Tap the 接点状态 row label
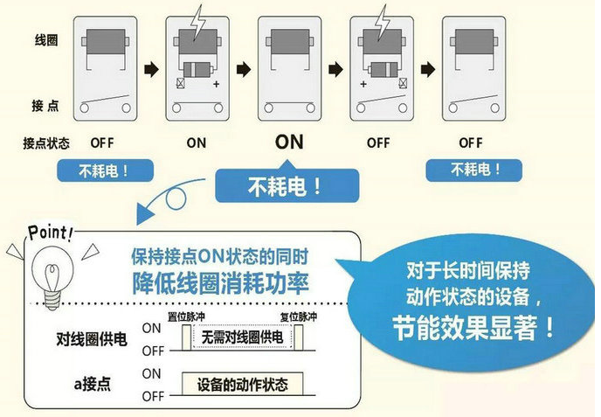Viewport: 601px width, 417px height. pos(47,142)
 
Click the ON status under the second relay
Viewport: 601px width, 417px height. pos(197,142)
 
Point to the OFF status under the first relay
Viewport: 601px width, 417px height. pos(102,142)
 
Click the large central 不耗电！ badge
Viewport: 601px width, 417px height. pos(287,186)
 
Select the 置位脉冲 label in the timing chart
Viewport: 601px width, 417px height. pos(184,316)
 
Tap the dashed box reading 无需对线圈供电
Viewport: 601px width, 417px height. pos(241,337)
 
